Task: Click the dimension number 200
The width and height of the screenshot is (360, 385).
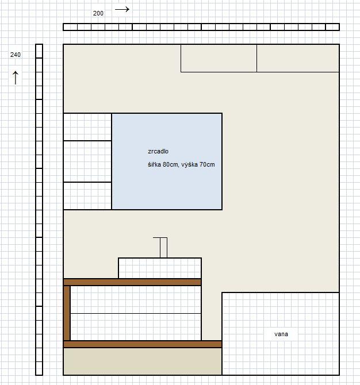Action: (98, 13)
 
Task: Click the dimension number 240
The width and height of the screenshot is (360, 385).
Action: (15, 55)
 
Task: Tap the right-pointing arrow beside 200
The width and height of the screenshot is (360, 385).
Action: (122, 9)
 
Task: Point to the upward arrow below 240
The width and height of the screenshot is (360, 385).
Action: (16, 78)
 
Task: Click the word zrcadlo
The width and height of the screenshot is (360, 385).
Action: (158, 151)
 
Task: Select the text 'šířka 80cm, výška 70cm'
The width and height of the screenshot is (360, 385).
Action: (181, 164)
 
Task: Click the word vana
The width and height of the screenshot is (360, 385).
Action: (281, 334)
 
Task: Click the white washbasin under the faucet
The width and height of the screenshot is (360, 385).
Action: (160, 268)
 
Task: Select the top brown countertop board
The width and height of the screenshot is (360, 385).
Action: (132, 282)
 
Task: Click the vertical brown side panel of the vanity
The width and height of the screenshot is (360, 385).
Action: (67, 313)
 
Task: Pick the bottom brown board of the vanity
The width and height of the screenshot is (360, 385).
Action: (143, 344)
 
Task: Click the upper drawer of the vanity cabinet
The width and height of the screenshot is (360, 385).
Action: (136, 299)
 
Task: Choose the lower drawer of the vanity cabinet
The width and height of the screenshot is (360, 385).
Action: (136, 327)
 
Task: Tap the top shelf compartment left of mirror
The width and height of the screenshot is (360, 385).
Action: (87, 127)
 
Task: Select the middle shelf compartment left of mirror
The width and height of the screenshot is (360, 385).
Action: (87, 161)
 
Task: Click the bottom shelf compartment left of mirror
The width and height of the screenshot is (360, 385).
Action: (87, 196)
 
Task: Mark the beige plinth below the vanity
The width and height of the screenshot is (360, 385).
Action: (143, 361)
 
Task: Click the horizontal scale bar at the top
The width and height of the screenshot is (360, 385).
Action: (201, 27)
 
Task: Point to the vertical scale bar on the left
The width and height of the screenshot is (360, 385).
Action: (39, 209)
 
